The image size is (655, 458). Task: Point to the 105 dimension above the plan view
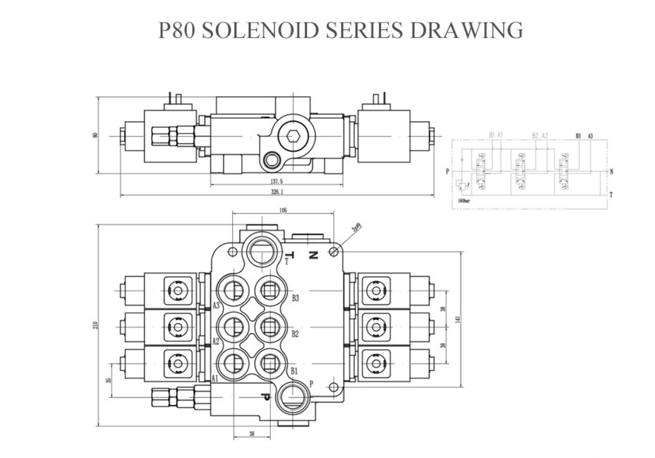[x=283, y=210]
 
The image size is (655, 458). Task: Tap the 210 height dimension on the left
[x=95, y=325]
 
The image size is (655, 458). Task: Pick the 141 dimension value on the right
[x=457, y=320]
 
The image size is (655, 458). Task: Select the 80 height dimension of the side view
[x=96, y=135]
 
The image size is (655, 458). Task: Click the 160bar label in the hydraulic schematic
[x=464, y=200]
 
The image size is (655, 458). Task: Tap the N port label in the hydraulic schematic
[x=611, y=171]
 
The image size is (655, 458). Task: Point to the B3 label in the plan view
[x=296, y=298]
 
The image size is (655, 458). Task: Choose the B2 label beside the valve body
[x=295, y=334]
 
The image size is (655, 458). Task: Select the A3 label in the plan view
[x=216, y=306]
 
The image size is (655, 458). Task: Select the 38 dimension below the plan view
[x=251, y=434]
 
